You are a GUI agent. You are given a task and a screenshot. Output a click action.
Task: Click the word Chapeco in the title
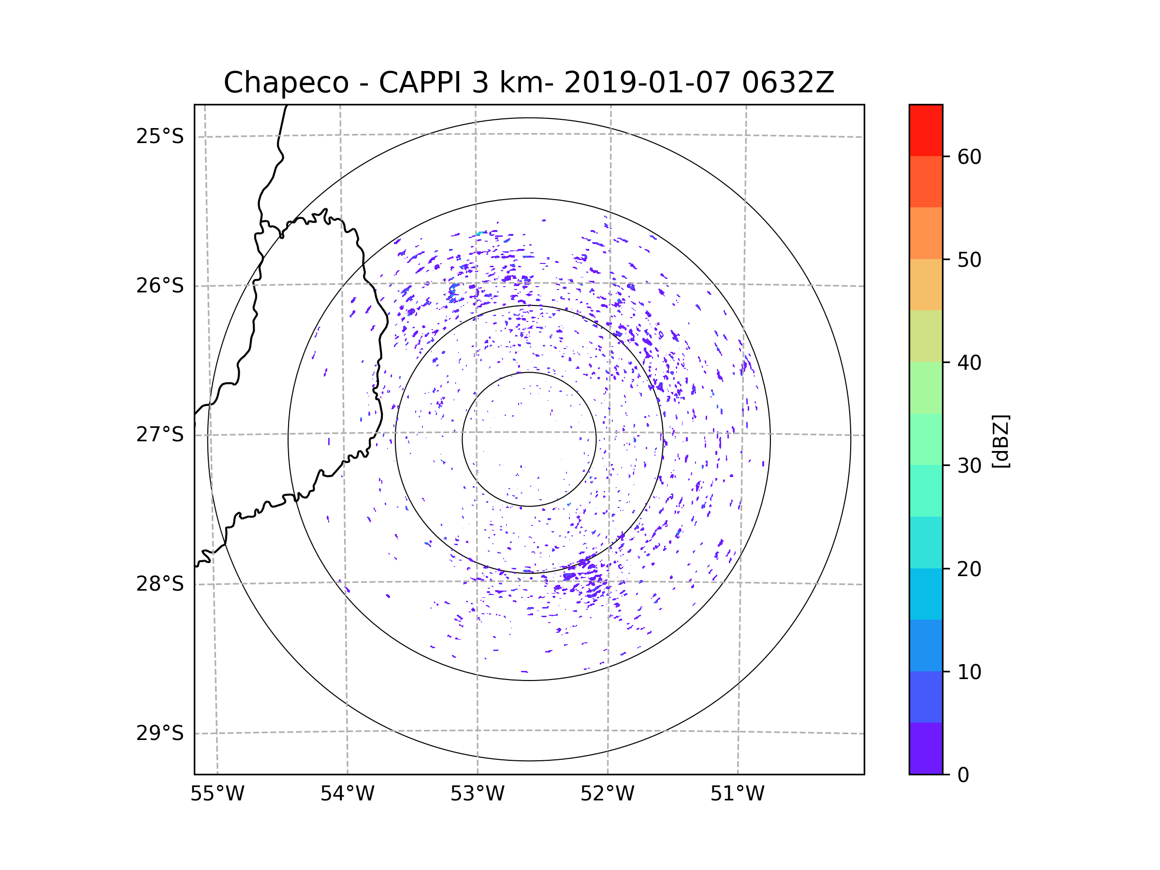[x=286, y=83]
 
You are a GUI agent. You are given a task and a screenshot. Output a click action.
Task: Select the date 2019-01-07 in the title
[x=647, y=83]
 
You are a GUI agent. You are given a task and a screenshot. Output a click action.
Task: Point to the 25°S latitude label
[x=160, y=136]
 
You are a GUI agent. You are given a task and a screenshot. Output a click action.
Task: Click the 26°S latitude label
[x=160, y=286]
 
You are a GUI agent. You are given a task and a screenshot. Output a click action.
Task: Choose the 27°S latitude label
[x=160, y=435]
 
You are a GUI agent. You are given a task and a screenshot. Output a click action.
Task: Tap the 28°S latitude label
[x=160, y=584]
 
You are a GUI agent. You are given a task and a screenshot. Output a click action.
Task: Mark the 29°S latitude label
[x=160, y=733]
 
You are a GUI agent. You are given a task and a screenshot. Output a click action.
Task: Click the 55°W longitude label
[x=217, y=794]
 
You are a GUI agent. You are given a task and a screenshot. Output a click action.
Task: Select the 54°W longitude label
[x=347, y=794]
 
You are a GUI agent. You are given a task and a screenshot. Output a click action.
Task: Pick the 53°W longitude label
[x=477, y=794]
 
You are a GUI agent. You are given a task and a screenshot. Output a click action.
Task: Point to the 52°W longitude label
[x=607, y=794]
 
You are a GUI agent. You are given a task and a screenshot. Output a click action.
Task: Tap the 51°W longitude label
[x=737, y=794]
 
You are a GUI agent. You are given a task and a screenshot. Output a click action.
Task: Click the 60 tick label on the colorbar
[x=969, y=157]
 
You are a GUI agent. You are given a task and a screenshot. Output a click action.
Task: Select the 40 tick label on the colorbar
[x=969, y=363]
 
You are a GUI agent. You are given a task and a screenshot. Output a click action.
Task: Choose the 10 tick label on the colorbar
[x=969, y=672]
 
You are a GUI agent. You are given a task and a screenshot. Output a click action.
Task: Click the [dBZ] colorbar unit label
[x=1000, y=441]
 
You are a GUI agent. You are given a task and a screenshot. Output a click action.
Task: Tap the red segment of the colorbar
[x=926, y=130]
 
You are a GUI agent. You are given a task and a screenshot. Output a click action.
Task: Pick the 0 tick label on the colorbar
[x=963, y=775]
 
